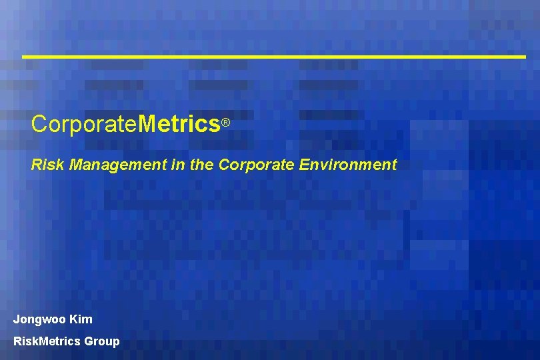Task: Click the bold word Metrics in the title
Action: [x=180, y=124]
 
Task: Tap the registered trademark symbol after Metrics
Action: [x=226, y=123]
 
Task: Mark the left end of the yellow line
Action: [x=24, y=57]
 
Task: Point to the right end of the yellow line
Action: [x=525, y=57]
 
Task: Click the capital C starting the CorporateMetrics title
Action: [x=39, y=124]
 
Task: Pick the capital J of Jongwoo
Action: [x=17, y=319]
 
